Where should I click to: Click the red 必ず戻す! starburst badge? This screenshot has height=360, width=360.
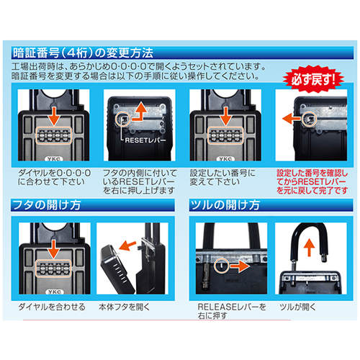(x=313, y=79)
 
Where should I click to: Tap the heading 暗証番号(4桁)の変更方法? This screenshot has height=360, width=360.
(x=83, y=53)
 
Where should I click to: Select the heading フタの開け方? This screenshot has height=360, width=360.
(x=47, y=205)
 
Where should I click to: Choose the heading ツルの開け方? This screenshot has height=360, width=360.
(x=225, y=205)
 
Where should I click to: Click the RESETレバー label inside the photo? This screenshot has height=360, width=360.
(x=145, y=140)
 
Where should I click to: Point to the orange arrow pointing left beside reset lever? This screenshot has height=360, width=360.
(x=291, y=119)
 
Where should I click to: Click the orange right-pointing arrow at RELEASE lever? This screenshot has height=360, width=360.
(x=240, y=266)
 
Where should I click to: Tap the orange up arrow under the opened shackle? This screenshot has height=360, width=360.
(x=310, y=248)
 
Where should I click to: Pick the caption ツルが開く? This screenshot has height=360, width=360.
(x=297, y=307)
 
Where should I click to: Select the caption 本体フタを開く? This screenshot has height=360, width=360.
(x=124, y=307)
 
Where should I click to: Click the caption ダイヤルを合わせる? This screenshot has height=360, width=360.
(x=52, y=307)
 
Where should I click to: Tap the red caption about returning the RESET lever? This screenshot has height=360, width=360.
(x=312, y=181)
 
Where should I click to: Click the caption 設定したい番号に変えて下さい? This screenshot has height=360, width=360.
(x=222, y=177)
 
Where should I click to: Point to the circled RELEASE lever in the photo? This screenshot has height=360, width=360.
(x=221, y=266)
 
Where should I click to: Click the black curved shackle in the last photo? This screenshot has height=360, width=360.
(x=310, y=243)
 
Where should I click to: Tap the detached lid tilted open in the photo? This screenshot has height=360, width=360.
(x=118, y=269)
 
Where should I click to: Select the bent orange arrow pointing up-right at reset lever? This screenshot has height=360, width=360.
(x=140, y=111)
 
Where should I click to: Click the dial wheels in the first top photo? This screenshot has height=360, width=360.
(x=54, y=135)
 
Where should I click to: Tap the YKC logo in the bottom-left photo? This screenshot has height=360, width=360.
(x=55, y=292)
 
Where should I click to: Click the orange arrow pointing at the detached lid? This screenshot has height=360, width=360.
(x=127, y=246)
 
